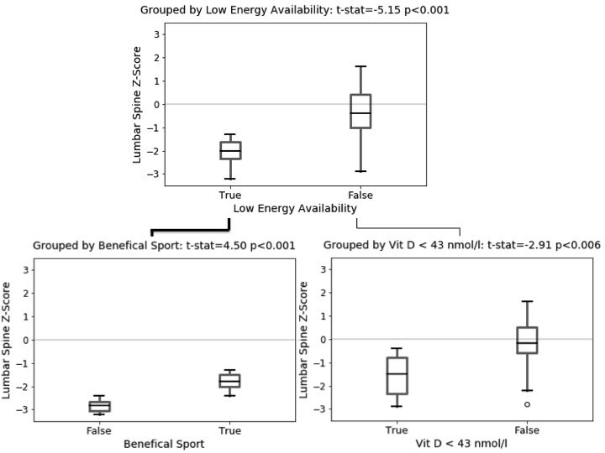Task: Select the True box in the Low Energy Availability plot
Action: coord(230,150)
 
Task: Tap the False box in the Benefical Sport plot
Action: coord(99,406)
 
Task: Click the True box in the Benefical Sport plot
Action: coord(229,381)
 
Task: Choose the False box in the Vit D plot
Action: coord(527,340)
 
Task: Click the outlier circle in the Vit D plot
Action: coord(527,404)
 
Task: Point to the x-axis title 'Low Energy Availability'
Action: coord(295,208)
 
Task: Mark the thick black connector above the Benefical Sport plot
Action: coord(190,228)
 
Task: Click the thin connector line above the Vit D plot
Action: coord(409,227)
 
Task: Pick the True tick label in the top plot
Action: coord(230,195)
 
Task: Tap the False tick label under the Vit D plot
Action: coord(527,430)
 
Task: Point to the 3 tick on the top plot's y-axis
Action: coord(155,34)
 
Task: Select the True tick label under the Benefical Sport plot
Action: coord(229,430)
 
